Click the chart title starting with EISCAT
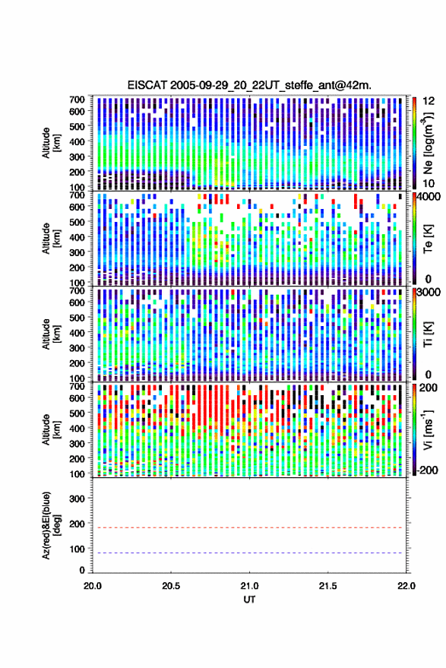[x=249, y=85]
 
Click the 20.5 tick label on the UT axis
[x=171, y=586]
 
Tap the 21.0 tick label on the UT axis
[x=249, y=586]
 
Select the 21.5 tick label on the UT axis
[x=327, y=586]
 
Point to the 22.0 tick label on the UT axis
[x=406, y=586]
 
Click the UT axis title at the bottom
[x=249, y=600]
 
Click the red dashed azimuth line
[x=249, y=527]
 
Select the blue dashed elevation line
[x=249, y=552]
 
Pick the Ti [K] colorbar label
[x=428, y=334]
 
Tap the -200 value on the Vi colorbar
[x=426, y=470]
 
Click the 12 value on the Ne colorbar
[x=429, y=101]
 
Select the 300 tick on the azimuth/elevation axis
[x=77, y=499]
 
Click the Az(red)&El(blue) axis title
[x=51, y=525]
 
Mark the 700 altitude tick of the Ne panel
[x=77, y=100]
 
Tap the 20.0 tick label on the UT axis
[x=93, y=586]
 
